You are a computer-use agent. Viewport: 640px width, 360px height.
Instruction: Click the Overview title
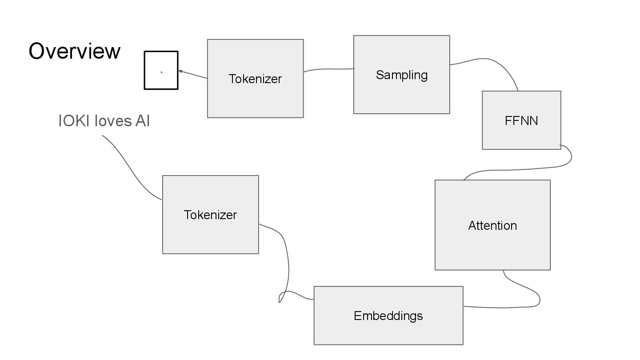pyautogui.click(x=74, y=51)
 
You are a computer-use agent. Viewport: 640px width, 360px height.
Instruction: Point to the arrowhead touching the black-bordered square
pyautogui.click(x=180, y=71)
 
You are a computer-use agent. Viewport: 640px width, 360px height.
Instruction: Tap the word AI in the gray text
pyautogui.click(x=143, y=121)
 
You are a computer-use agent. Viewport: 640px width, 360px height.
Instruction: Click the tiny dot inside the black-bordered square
pyautogui.click(x=161, y=72)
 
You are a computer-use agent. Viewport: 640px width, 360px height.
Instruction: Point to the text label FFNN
pyautogui.click(x=521, y=120)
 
